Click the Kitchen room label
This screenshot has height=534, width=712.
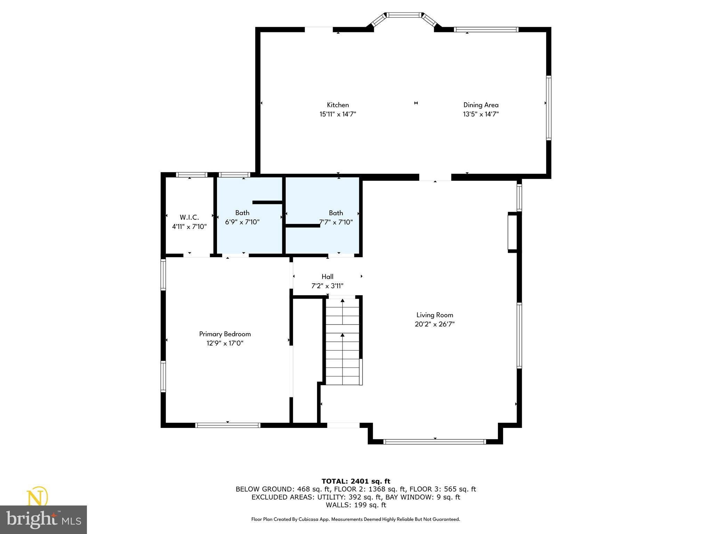[x=338, y=105]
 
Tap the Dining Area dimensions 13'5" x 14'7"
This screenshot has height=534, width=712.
[x=480, y=114]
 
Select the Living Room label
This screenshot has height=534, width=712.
[x=435, y=315]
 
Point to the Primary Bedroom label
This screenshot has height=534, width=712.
[x=225, y=334]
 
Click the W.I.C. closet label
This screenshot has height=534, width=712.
[x=189, y=217]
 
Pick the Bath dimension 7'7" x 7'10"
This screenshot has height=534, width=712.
[x=336, y=222]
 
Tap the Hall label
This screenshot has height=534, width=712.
[x=327, y=277]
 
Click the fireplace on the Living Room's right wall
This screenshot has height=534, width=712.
[x=513, y=232]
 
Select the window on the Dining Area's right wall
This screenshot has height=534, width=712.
[x=548, y=108]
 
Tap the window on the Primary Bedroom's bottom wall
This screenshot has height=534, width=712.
[x=228, y=425]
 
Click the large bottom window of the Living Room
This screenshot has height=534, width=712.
[x=434, y=442]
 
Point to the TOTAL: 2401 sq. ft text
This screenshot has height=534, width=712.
[x=356, y=482]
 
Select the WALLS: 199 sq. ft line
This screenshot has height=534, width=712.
[x=356, y=505]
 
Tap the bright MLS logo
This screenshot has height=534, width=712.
[x=43, y=519]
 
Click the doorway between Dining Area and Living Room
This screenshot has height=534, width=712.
[x=435, y=177]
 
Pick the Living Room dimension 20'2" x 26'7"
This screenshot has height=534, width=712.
[x=435, y=324]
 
